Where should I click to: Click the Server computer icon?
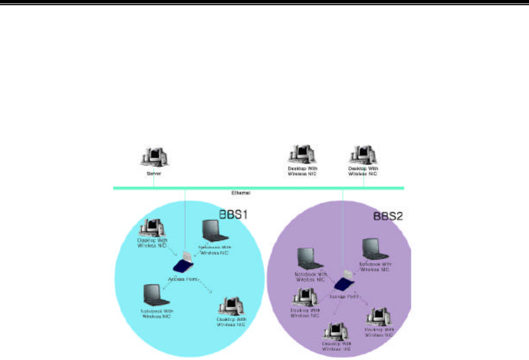point(154,157)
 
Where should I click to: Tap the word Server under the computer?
point(154,173)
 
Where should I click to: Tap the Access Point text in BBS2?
point(345,296)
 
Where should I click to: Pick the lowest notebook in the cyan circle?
point(156,294)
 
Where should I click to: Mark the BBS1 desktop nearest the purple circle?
point(230,307)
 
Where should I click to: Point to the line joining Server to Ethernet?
point(154,181)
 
